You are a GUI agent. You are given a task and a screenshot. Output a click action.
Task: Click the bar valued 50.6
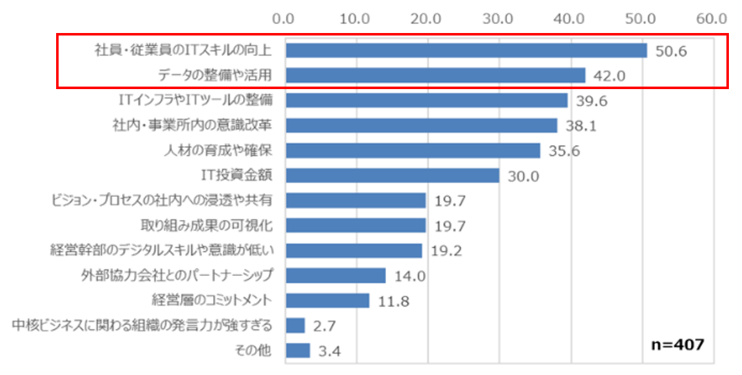pyautogui.click(x=466, y=50)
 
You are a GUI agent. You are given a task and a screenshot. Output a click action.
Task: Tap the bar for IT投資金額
pyautogui.click(x=392, y=176)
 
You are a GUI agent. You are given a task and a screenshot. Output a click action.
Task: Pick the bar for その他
pyautogui.click(x=297, y=351)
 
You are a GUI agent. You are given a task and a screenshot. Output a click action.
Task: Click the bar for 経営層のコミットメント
pyautogui.click(x=327, y=300)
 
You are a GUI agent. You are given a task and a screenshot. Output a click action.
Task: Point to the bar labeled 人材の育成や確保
pyautogui.click(x=412, y=151)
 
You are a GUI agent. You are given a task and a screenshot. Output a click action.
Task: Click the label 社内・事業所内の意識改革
pyautogui.click(x=190, y=125)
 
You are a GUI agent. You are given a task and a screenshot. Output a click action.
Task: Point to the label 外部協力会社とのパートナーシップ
pyautogui.click(x=176, y=275)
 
